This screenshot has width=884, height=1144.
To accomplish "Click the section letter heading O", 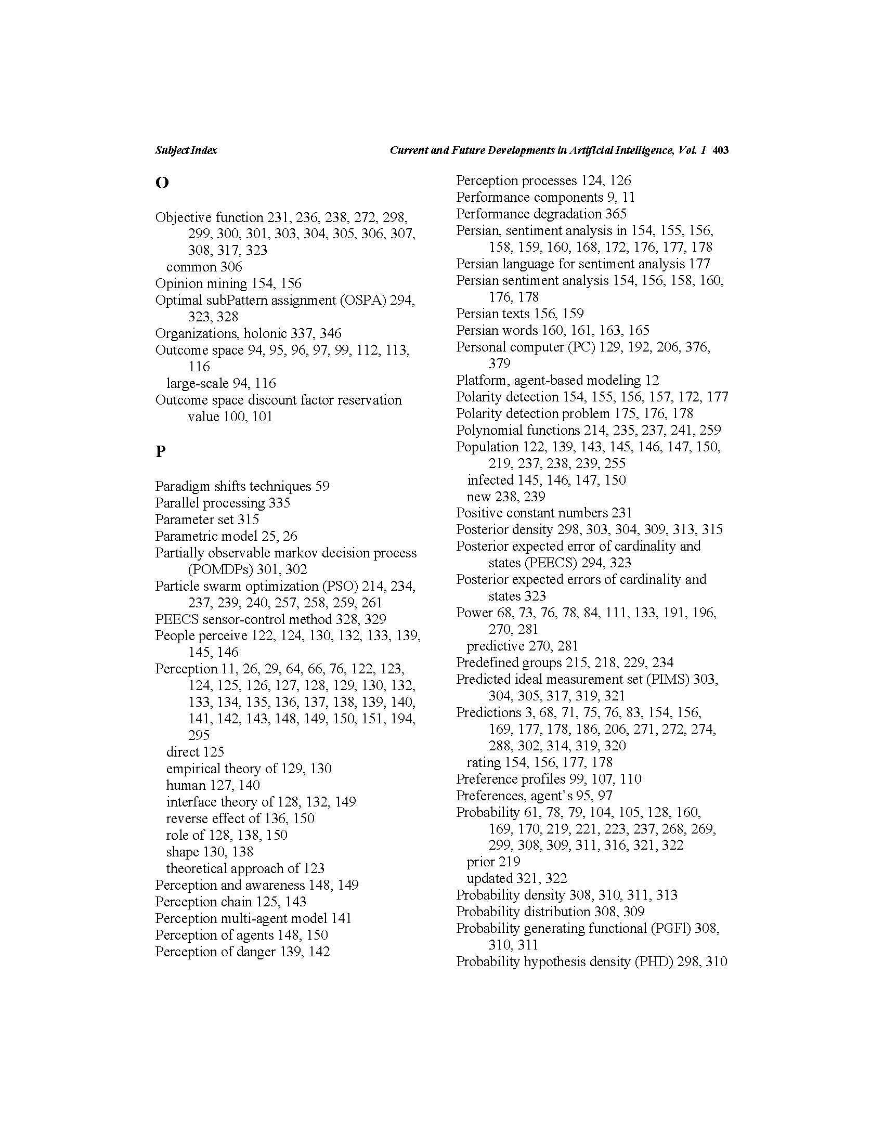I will (x=162, y=183).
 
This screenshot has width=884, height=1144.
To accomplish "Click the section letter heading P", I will (x=160, y=451).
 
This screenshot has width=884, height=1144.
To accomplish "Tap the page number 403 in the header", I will (x=721, y=150).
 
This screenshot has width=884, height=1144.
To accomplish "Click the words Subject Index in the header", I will (x=186, y=150).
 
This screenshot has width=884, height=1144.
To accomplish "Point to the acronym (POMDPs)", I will (x=220, y=569).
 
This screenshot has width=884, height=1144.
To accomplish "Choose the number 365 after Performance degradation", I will (x=616, y=214).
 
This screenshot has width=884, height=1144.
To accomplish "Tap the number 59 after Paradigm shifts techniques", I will (x=322, y=486).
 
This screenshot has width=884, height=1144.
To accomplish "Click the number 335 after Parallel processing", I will (x=279, y=503).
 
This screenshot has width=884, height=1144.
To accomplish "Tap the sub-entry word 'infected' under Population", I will (x=490, y=480).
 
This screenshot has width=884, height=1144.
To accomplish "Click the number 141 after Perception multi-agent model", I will (x=341, y=918).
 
